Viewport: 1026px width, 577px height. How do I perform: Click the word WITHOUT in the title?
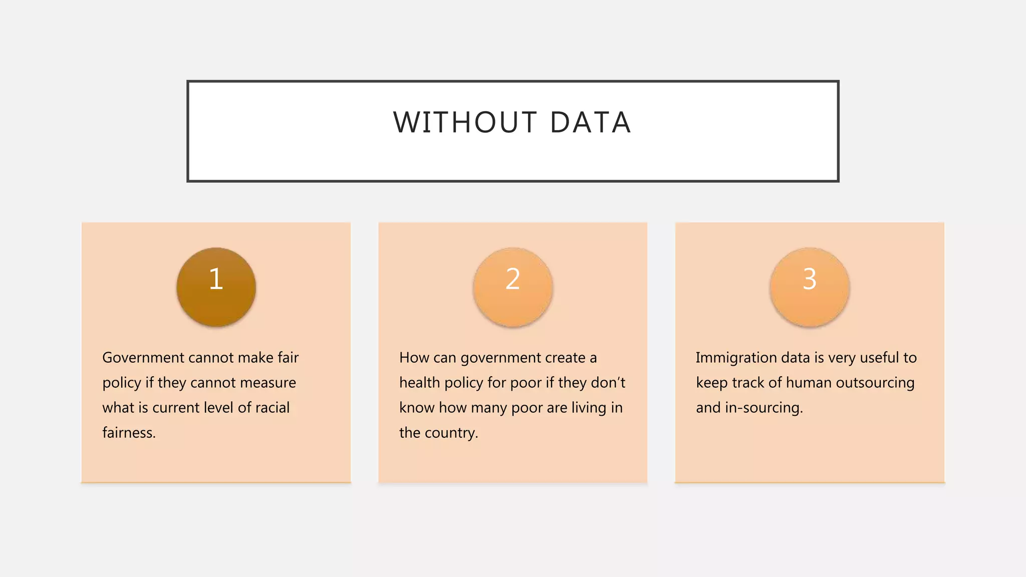[x=465, y=123]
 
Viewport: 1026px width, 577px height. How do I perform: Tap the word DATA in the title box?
[x=590, y=123]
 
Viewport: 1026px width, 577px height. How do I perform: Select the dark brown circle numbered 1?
[x=216, y=287]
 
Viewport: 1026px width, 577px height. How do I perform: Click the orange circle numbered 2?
[x=512, y=287]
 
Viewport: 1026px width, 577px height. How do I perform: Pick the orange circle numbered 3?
[x=810, y=287]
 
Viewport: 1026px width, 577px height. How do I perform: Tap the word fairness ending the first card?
[x=129, y=433]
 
